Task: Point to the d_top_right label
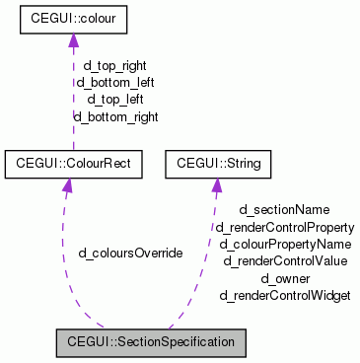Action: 115,67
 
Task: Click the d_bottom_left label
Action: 114,83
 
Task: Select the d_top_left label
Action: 115,100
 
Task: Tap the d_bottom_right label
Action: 115,116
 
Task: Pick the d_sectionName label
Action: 285,210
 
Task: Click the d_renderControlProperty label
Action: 285,227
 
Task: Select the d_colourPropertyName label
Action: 285,244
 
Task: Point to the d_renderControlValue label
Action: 285,260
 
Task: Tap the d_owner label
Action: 285,278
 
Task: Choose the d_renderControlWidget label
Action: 285,295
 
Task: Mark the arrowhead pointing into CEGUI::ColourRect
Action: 66,181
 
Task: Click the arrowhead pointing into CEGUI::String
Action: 216,181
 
